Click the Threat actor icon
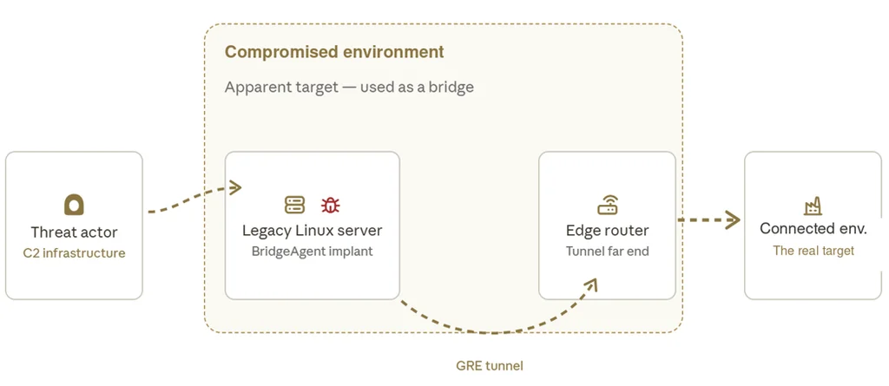pos(74,205)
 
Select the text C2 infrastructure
pos(75,252)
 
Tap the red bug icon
pos(330,205)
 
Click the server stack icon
pos(294,205)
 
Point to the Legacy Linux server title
pos(313,231)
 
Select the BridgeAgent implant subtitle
pos(313,251)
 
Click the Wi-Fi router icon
pos(607,205)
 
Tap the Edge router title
pos(607,231)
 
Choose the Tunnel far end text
pos(607,251)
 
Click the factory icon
pos(813,207)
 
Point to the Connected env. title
pos(813,228)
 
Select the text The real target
pos(813,251)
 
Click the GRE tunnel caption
pos(490,365)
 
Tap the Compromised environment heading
pos(334,51)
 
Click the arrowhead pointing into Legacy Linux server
pos(235,187)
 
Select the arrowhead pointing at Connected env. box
pos(733,219)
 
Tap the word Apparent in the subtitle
pos(254,88)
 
